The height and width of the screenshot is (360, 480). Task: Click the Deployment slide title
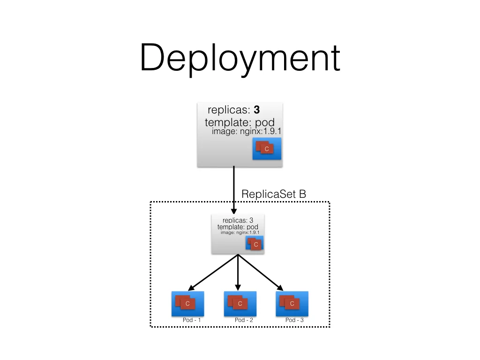tap(240, 58)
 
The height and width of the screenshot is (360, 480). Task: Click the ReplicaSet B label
tap(273, 194)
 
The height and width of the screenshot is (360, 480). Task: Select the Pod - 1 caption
tap(192, 320)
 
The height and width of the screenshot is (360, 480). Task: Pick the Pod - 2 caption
tap(244, 320)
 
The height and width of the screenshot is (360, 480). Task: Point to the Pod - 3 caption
tap(294, 320)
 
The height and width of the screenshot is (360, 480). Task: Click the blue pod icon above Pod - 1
tap(187, 304)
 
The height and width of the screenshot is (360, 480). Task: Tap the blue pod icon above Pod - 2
tap(240, 304)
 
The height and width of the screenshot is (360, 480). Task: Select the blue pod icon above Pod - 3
tap(292, 304)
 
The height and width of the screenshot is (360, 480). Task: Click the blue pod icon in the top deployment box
tap(267, 149)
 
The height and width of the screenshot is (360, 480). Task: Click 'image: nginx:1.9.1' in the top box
tap(247, 131)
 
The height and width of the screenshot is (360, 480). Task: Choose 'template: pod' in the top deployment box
tap(240, 123)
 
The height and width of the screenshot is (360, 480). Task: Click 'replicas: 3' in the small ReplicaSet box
tap(238, 220)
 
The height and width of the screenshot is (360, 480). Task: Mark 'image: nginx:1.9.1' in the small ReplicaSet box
tap(240, 232)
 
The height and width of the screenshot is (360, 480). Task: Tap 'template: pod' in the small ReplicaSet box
tap(238, 227)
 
